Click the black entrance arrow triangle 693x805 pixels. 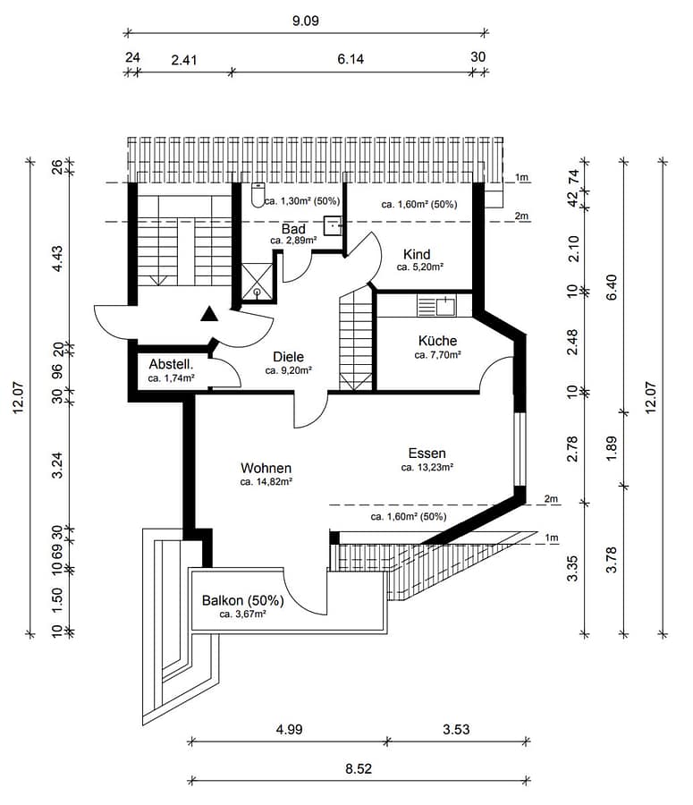tap(209, 312)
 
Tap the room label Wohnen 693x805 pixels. tap(266, 468)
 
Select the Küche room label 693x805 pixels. tap(437, 341)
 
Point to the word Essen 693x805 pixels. tap(427, 453)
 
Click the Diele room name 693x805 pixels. tap(288, 357)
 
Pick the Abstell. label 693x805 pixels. tap(171, 365)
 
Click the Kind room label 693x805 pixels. tap(417, 254)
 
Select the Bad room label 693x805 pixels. tap(293, 229)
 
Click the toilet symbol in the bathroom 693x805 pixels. tap(258, 194)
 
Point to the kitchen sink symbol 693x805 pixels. tap(435, 306)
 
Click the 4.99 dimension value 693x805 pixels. tap(289, 729)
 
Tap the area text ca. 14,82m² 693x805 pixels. tap(266, 481)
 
